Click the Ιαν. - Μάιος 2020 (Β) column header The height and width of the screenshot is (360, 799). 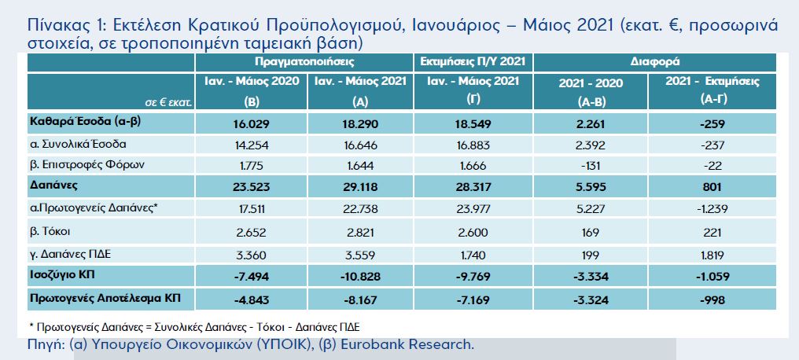(x=252, y=90)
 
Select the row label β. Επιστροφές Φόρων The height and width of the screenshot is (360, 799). (x=80, y=164)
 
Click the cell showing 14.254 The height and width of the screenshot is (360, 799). (x=252, y=145)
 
